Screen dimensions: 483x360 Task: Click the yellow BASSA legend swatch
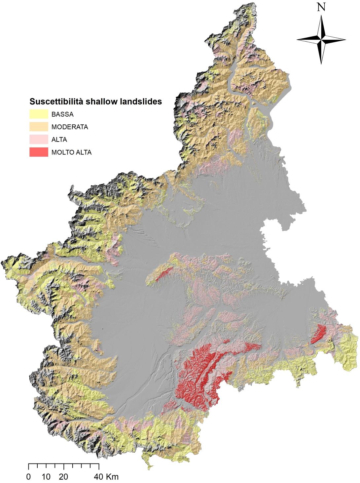(x=39, y=114)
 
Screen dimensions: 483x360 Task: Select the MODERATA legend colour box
(x=39, y=127)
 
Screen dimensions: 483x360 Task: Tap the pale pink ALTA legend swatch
(x=39, y=140)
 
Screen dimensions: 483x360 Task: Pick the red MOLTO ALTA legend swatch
(x=39, y=152)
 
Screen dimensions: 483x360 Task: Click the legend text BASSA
(x=62, y=115)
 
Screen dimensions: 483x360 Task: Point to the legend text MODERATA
(x=70, y=127)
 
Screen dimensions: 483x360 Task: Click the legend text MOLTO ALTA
(x=71, y=152)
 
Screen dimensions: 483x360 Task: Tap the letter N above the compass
(x=321, y=7)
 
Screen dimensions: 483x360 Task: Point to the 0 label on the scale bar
(x=29, y=477)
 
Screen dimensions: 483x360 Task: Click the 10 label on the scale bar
(x=46, y=477)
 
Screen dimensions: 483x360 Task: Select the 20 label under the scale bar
(x=64, y=477)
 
